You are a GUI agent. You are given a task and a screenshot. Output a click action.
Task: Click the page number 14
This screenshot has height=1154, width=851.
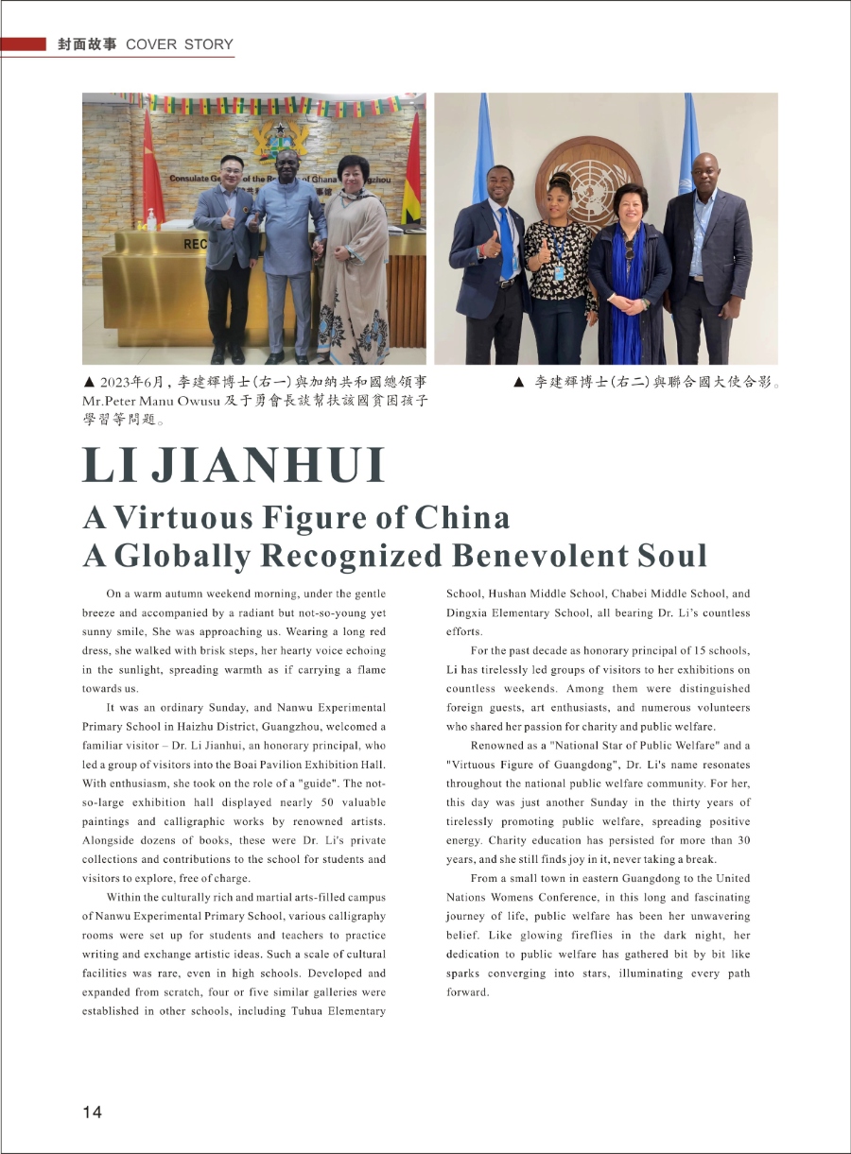[x=92, y=1111]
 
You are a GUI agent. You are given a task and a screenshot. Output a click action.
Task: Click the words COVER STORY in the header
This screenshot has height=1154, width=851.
[x=179, y=44]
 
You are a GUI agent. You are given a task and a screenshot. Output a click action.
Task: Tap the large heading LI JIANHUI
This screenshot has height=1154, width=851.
[x=234, y=465]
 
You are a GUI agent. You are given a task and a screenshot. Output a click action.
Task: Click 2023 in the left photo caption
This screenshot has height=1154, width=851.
[x=118, y=383]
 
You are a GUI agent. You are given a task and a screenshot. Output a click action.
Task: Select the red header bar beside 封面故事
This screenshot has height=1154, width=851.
[x=24, y=44]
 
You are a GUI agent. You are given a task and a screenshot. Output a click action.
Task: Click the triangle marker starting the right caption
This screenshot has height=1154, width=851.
[x=518, y=383]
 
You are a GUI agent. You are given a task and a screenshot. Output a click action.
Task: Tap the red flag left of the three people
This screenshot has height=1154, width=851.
[x=152, y=180]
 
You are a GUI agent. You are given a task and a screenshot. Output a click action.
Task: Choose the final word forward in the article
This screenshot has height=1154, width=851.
[x=468, y=992]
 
